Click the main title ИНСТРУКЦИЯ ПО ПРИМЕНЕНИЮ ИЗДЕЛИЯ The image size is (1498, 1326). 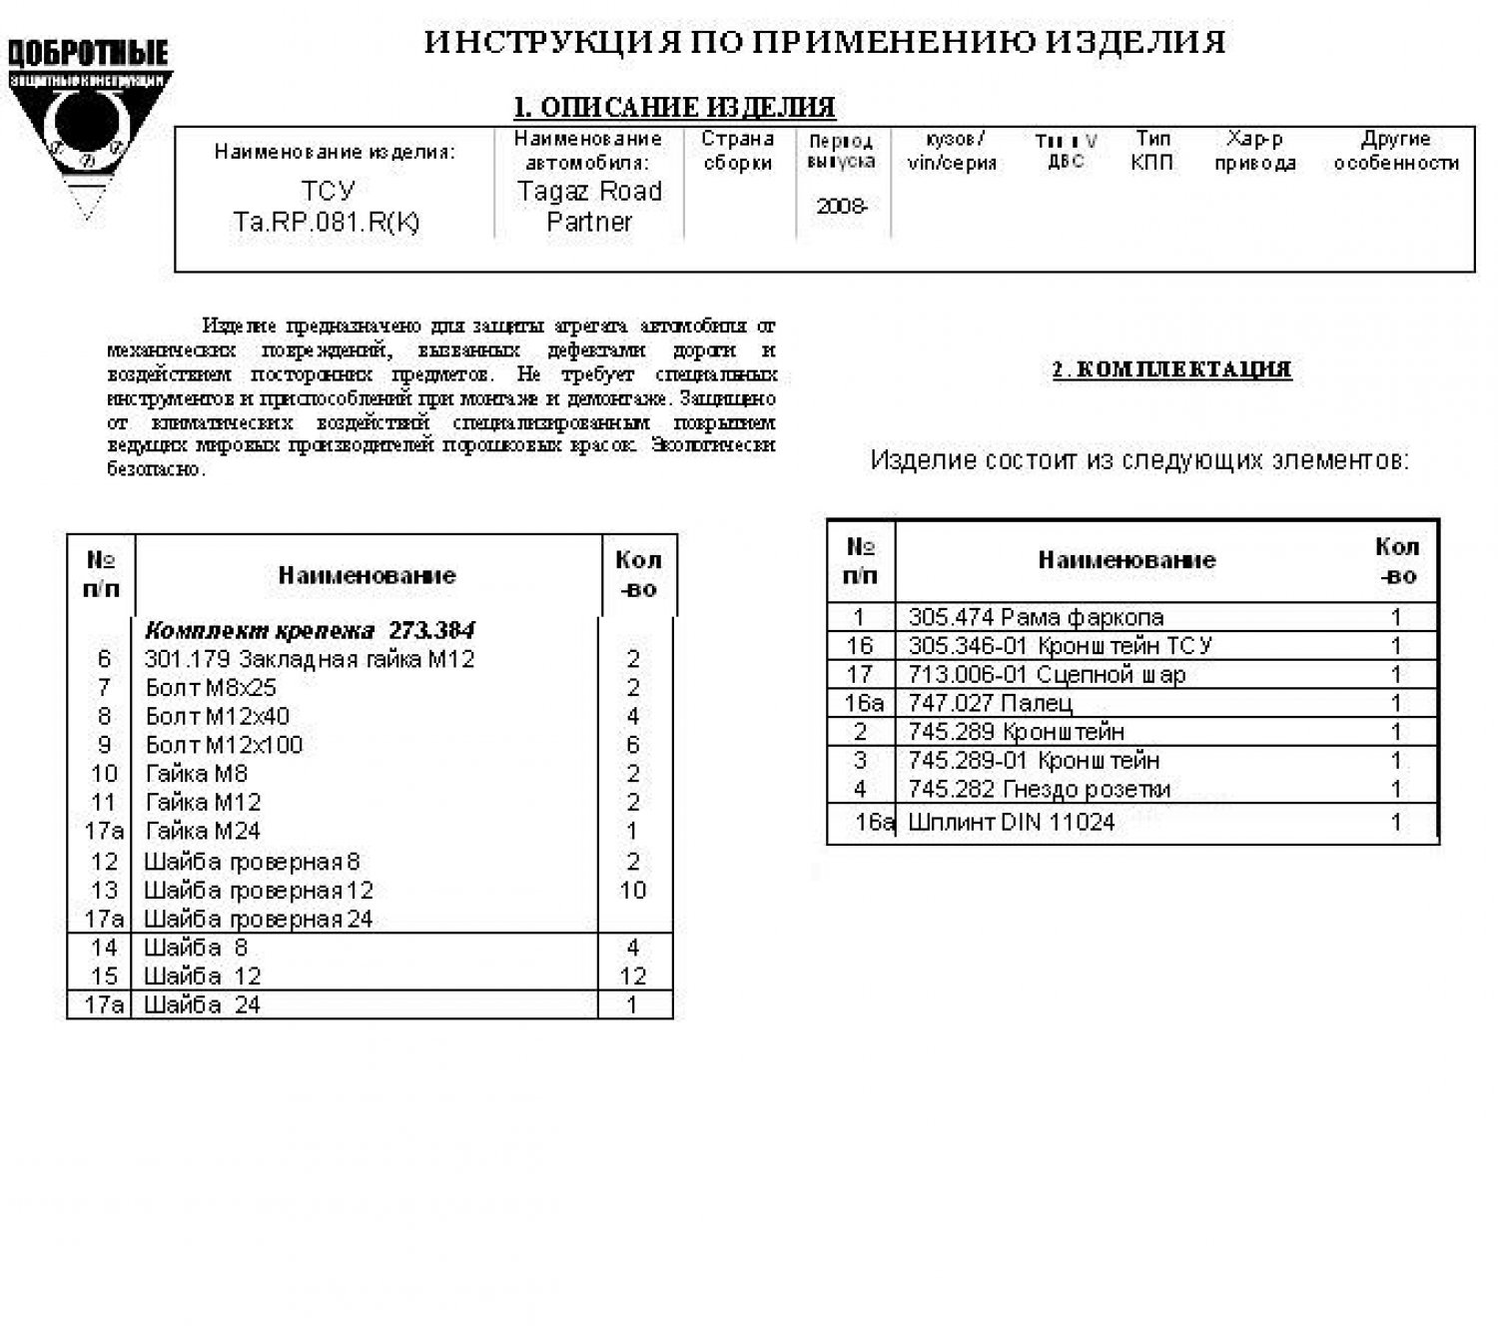(x=825, y=43)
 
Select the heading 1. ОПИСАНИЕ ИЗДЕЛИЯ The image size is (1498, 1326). (x=674, y=107)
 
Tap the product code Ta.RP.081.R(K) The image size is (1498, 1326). (x=327, y=222)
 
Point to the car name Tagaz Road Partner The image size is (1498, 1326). (x=589, y=206)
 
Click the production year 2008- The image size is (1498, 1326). (x=842, y=207)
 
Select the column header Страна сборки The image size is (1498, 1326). (x=738, y=151)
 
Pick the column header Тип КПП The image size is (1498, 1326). (x=1152, y=151)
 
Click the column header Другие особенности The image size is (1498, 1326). (x=1396, y=151)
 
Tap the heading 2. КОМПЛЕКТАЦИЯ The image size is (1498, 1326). (x=1171, y=369)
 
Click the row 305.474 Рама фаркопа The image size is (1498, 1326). (x=1036, y=617)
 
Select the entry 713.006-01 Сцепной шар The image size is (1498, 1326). (x=1046, y=675)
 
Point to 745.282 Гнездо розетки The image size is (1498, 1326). (x=1039, y=790)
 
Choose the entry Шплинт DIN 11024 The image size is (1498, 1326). (x=1011, y=823)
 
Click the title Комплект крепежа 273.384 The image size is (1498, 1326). (x=310, y=630)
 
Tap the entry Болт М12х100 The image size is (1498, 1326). (x=224, y=745)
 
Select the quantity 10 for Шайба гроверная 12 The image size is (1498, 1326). (x=633, y=890)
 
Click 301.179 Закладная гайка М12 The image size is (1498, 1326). (x=310, y=659)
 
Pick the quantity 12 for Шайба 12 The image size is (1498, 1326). (x=633, y=976)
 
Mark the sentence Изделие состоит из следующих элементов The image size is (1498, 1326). (x=1139, y=460)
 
